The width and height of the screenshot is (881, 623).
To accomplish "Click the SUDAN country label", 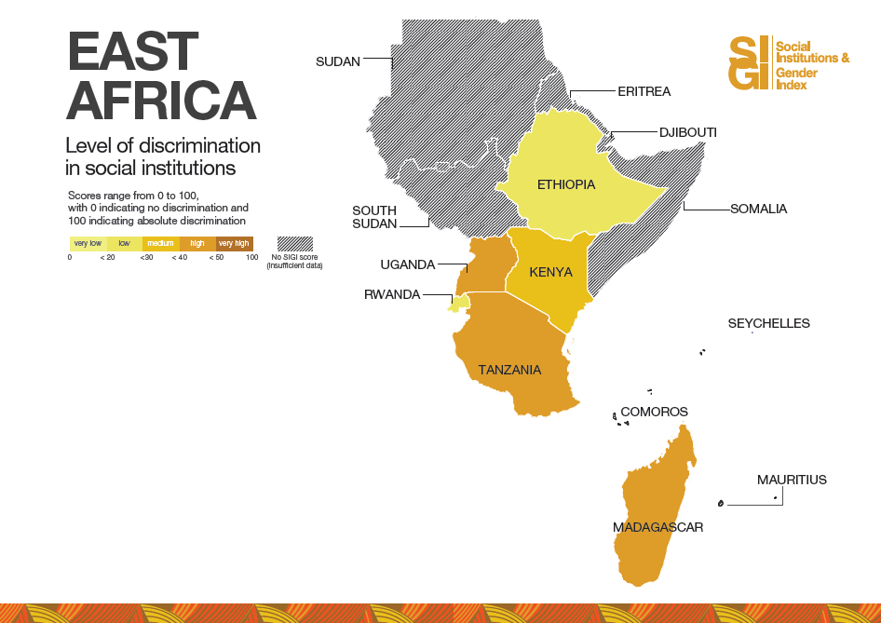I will click(337, 62).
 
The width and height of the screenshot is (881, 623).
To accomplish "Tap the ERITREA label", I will click(644, 91).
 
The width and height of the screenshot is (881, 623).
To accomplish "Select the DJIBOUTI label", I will click(687, 132).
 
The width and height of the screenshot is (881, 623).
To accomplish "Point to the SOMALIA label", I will click(758, 209).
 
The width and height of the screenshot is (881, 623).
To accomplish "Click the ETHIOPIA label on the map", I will click(566, 184).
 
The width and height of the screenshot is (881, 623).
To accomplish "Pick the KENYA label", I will click(550, 272).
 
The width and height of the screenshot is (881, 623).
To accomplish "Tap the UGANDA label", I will click(408, 264).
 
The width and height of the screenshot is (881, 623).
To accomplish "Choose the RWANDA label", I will click(392, 295).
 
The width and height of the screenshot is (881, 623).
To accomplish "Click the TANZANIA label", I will click(509, 370).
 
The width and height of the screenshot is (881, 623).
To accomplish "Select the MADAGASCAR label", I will click(657, 527).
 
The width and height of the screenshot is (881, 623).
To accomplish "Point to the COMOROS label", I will click(654, 412).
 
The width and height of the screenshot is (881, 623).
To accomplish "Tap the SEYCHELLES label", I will click(768, 323).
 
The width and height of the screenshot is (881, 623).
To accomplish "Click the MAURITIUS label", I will click(792, 480).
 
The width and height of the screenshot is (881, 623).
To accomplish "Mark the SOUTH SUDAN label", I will click(374, 217).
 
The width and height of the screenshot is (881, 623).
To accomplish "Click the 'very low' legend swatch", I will click(88, 244).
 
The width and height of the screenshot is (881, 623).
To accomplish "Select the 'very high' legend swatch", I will click(234, 244).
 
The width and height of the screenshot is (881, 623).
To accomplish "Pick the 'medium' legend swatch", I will click(161, 244).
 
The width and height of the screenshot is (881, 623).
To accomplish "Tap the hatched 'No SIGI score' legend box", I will click(294, 244).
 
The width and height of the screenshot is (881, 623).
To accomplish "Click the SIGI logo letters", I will click(751, 63).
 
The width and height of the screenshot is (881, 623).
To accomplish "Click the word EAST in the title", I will click(132, 51).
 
